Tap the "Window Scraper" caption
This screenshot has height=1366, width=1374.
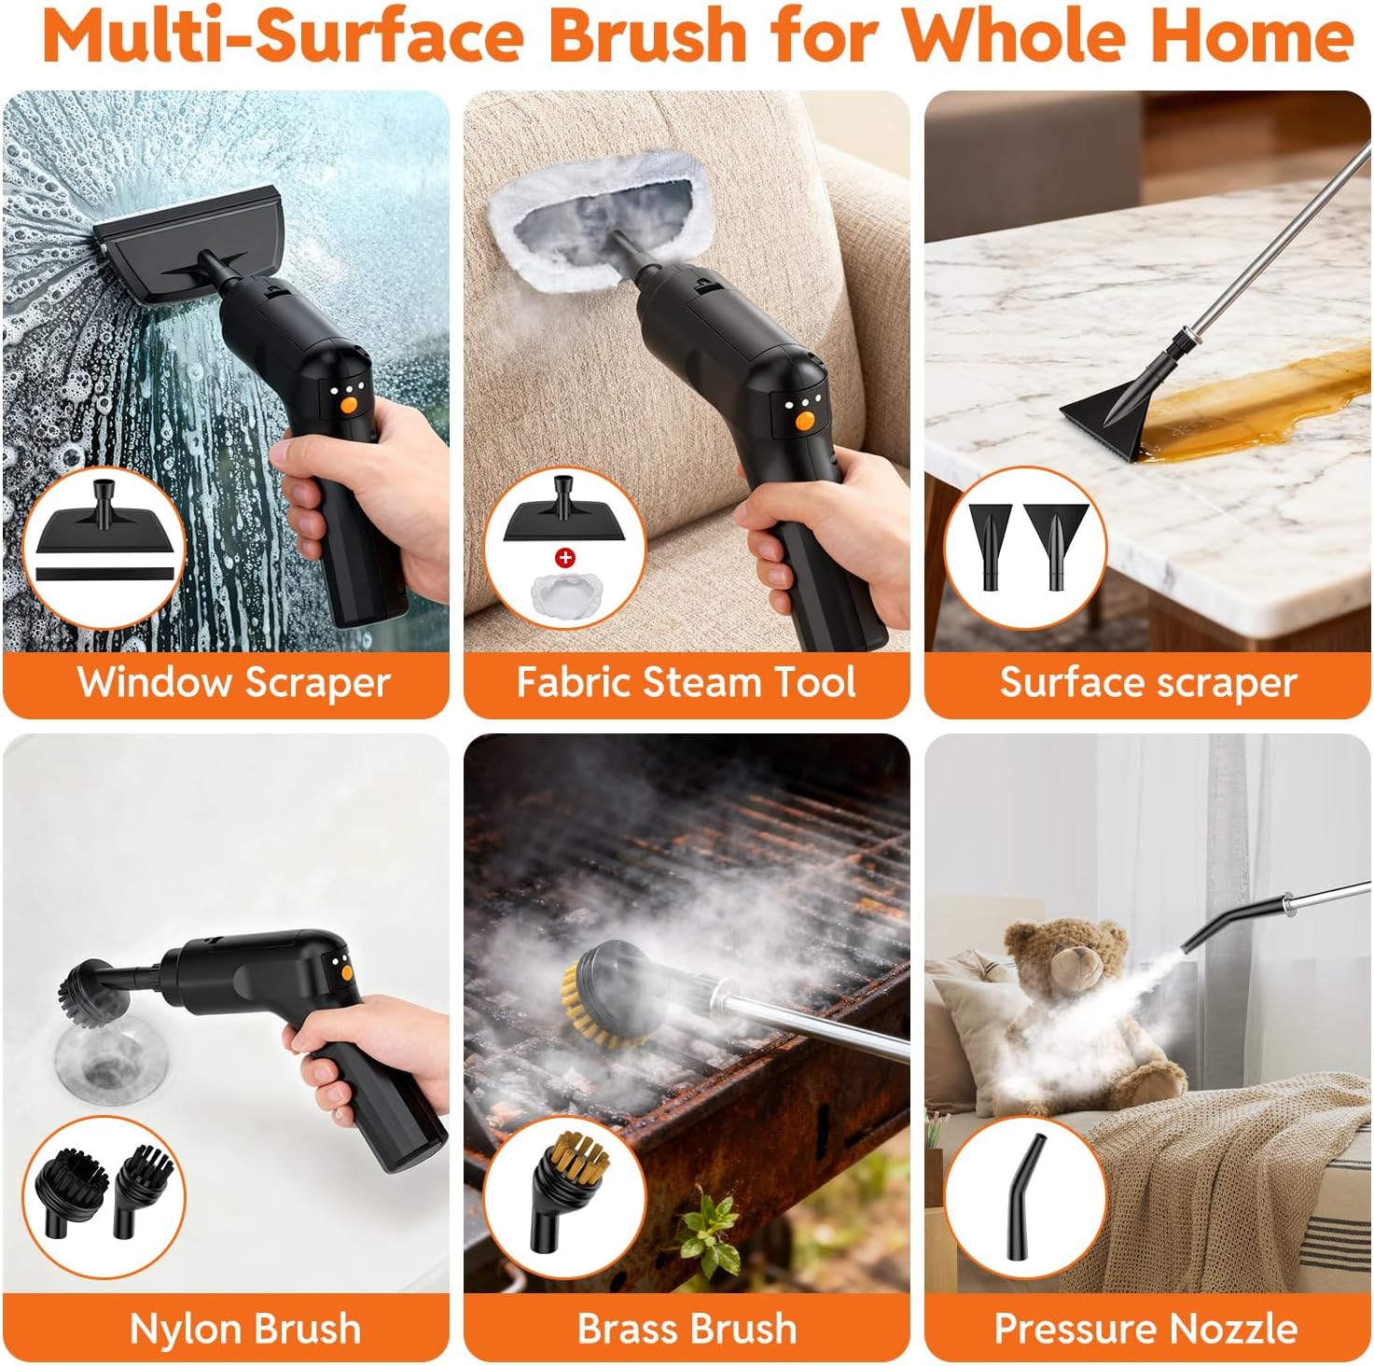tap(234, 683)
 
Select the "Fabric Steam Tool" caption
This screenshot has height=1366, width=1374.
tap(686, 682)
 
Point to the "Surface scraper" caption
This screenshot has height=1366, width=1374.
tap(1148, 683)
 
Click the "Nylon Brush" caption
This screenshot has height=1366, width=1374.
tap(245, 1329)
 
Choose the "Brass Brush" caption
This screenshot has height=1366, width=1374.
tap(687, 1329)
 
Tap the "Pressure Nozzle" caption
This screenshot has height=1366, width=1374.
tap(1146, 1329)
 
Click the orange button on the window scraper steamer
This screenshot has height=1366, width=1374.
tap(349, 405)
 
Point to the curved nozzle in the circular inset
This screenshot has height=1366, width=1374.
tap(1024, 1198)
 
